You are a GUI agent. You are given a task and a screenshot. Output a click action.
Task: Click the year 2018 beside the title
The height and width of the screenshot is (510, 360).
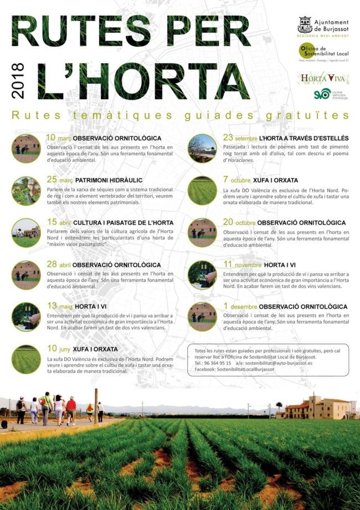[18, 81]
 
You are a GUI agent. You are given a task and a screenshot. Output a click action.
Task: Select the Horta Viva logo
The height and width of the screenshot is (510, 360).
[322, 78]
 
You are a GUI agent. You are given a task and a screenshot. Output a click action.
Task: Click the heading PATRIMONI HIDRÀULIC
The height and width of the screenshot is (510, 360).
[107, 180]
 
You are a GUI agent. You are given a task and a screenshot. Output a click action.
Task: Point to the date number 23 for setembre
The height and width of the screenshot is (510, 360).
[228, 137]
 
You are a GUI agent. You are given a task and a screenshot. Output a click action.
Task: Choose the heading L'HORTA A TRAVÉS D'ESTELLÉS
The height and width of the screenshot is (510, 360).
[304, 138]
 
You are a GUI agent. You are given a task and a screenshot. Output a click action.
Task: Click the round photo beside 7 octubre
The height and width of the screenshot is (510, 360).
[202, 191]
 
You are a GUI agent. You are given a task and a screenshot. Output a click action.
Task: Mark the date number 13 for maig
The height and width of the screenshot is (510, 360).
[52, 305]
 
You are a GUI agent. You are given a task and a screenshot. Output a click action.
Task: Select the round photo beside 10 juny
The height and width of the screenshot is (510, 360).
[26, 359]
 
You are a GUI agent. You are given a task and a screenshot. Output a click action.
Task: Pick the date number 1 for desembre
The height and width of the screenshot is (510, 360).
[226, 306]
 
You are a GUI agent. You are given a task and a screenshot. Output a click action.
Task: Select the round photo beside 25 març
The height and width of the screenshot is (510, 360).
[26, 191]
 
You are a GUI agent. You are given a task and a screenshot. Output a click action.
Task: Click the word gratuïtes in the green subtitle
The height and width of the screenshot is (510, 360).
[318, 115]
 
